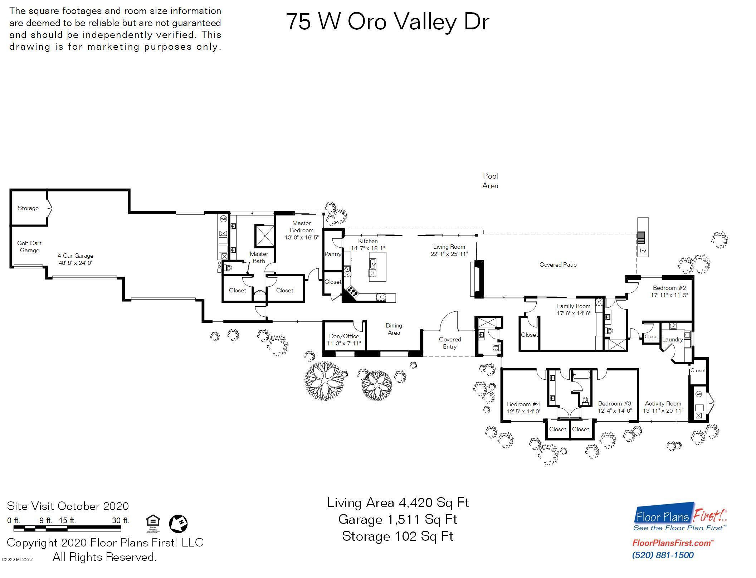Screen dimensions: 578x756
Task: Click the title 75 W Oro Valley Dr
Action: (x=387, y=22)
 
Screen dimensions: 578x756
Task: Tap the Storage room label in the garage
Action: (x=28, y=208)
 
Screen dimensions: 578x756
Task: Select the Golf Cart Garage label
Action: (x=29, y=247)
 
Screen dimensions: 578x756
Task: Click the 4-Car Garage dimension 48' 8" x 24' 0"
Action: (x=75, y=263)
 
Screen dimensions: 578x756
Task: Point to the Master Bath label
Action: (x=259, y=257)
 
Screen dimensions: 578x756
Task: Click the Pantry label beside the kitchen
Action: (x=332, y=254)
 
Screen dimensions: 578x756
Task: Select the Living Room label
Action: (x=449, y=247)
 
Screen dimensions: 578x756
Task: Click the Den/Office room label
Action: (x=344, y=336)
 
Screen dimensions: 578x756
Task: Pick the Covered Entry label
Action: (x=450, y=343)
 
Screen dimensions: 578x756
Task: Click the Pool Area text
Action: (x=490, y=181)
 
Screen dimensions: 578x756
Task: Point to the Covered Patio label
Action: (x=558, y=265)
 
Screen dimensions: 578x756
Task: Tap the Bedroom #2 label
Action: (x=669, y=288)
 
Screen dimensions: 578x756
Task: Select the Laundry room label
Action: (x=672, y=339)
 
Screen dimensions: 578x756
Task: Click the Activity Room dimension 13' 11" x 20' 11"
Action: (x=663, y=411)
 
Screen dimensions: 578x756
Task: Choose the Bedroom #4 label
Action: (x=523, y=404)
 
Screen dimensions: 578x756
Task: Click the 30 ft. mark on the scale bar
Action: (x=121, y=521)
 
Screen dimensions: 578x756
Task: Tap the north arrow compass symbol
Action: (x=178, y=523)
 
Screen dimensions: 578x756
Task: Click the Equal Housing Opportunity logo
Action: (x=153, y=523)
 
